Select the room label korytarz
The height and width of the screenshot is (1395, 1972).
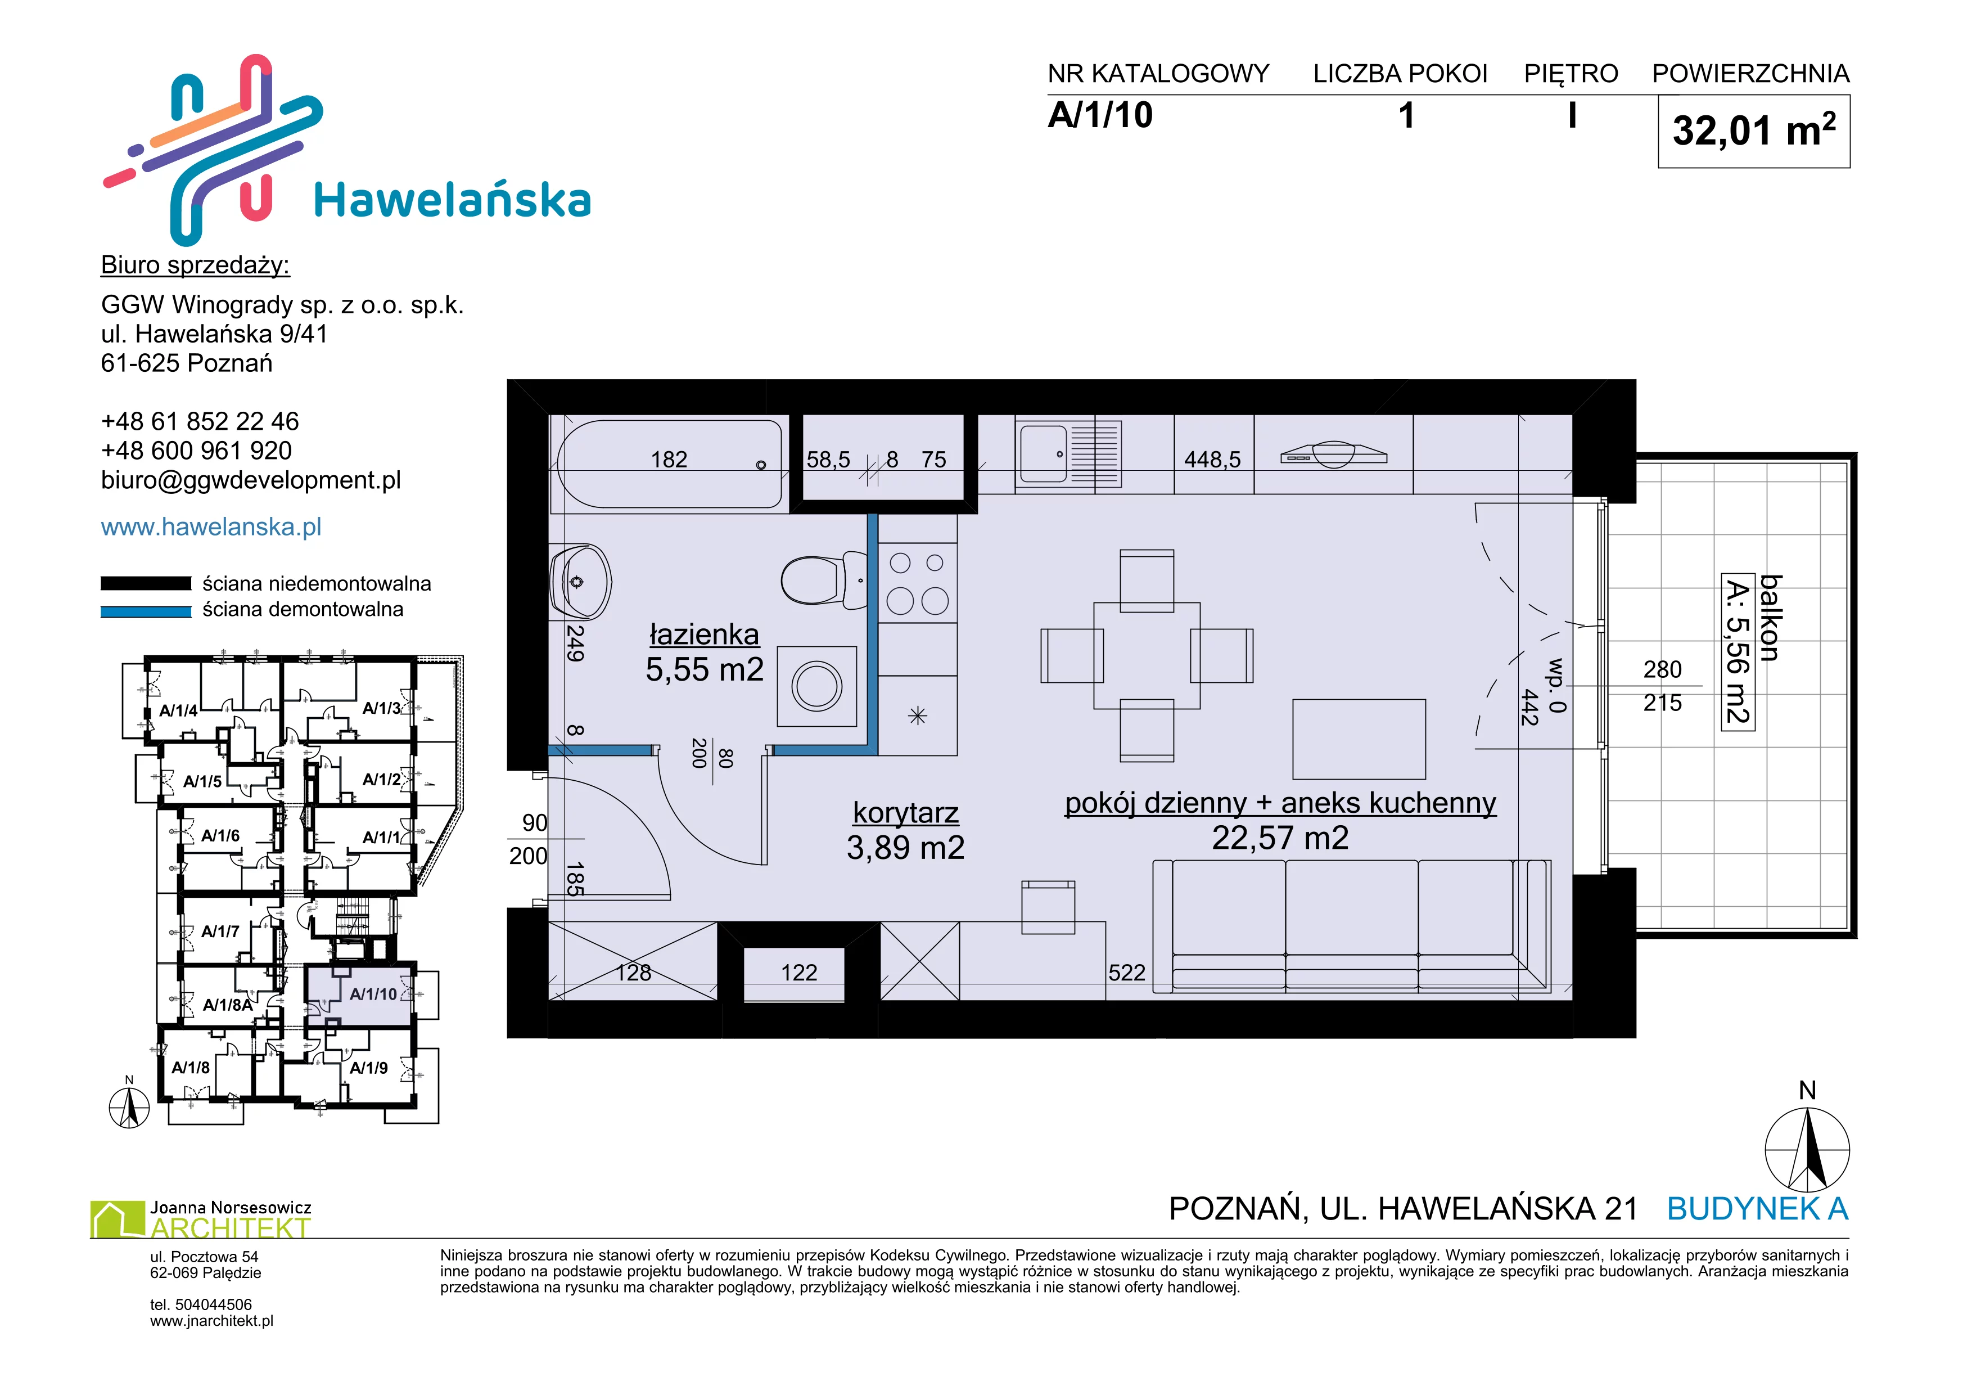(905, 813)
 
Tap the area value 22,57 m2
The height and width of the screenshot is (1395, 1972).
(1280, 838)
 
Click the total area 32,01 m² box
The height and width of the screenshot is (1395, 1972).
(1754, 132)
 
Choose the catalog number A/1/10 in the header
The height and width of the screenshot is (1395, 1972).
(1100, 115)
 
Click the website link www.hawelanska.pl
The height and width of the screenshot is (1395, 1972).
(211, 526)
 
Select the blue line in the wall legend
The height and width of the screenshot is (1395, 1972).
(146, 611)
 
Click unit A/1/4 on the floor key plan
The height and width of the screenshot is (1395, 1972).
(179, 710)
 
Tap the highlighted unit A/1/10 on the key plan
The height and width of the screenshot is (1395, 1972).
(373, 994)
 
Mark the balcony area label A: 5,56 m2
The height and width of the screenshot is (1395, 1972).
(1738, 653)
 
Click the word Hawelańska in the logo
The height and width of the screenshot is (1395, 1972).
(453, 200)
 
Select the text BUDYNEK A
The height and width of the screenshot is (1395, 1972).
(1757, 1209)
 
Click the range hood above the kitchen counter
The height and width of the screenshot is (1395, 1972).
(1333, 455)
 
